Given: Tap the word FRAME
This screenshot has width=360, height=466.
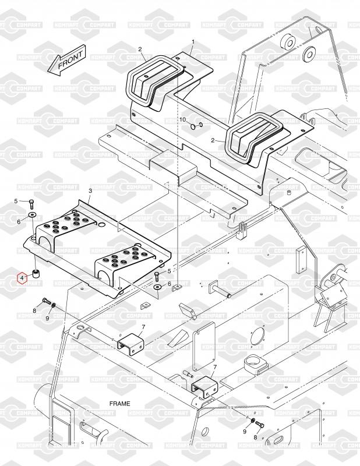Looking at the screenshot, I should (x=120, y=403).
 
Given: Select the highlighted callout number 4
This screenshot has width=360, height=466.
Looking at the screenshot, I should (x=22, y=278).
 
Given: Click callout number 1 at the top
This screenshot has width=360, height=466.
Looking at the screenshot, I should (x=193, y=42).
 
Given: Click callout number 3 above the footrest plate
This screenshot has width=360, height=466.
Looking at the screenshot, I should (x=90, y=191).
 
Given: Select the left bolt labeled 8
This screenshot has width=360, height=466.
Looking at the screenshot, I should (x=45, y=302).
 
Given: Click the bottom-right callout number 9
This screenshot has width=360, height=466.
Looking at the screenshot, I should (x=244, y=431).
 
